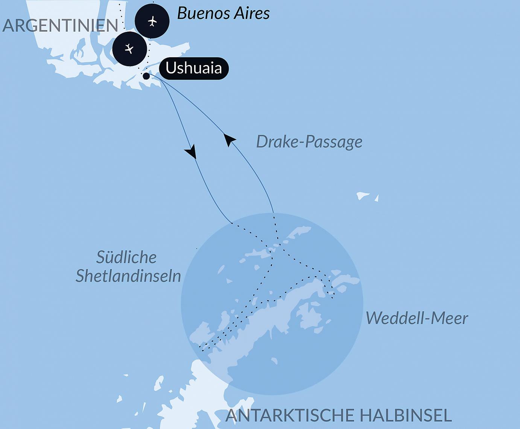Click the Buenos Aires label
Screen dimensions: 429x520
pyautogui.click(x=223, y=13)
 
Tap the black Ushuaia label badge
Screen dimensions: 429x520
pyautogui.click(x=193, y=68)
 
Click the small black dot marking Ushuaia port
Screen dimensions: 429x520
pyautogui.click(x=146, y=76)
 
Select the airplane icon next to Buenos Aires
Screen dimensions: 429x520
pyautogui.click(x=152, y=21)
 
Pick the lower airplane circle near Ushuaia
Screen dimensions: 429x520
pyautogui.click(x=129, y=49)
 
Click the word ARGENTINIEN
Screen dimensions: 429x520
pyautogui.click(x=60, y=26)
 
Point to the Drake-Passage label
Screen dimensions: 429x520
pyautogui.click(x=309, y=142)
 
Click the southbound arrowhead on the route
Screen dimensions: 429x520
pyautogui.click(x=191, y=151)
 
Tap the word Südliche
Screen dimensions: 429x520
pyautogui.click(x=126, y=258)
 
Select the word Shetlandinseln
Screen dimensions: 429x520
pyautogui.click(x=128, y=276)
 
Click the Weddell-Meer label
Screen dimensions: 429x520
pyautogui.click(x=417, y=318)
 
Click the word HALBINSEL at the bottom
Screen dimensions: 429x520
pyautogui.click(x=405, y=415)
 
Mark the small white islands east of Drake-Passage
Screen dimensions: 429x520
pyautogui.click(x=363, y=196)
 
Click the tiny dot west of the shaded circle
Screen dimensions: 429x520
pyautogui.click(x=197, y=249)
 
